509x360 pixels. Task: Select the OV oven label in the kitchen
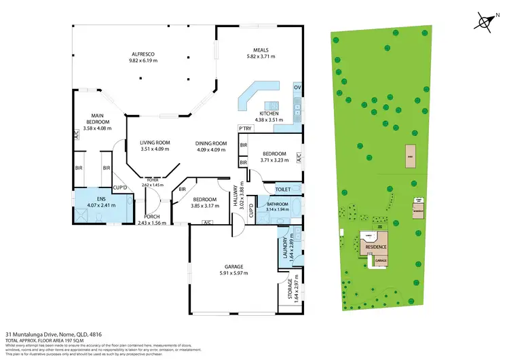tap(297, 88)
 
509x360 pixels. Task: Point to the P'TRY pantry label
tap(244, 129)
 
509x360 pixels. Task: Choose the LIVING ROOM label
tap(155, 143)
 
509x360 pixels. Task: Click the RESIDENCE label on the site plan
tap(377, 247)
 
